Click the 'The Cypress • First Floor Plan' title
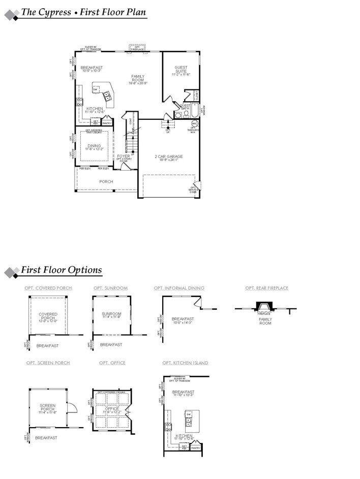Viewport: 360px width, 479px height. pyautogui.click(x=84, y=12)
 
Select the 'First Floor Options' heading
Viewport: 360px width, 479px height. pyautogui.click(x=61, y=270)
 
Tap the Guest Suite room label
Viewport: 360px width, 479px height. pyautogui.click(x=181, y=70)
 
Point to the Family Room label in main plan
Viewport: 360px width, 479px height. pyautogui.click(x=138, y=78)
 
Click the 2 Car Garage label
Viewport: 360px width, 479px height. pyautogui.click(x=168, y=156)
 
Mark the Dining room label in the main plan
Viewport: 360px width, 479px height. pyautogui.click(x=94, y=146)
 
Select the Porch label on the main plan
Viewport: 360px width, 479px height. pyautogui.click(x=106, y=181)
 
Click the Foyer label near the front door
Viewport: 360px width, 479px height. pyautogui.click(x=124, y=156)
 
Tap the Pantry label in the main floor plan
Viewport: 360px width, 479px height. pyautogui.click(x=107, y=123)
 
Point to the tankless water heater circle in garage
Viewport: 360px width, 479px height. pyautogui.click(x=194, y=123)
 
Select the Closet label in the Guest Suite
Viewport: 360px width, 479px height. pyautogui.click(x=196, y=95)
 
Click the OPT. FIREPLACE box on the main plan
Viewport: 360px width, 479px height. pyautogui.click(x=137, y=48)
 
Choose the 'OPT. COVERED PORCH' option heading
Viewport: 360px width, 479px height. pyautogui.click(x=48, y=288)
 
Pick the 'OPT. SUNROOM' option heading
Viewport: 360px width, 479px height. pyautogui.click(x=110, y=288)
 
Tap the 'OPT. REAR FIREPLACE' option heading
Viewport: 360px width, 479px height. pyautogui.click(x=266, y=288)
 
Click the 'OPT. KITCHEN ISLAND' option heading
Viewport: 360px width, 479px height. pyautogui.click(x=185, y=363)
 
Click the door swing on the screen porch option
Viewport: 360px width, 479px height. pyautogui.click(x=72, y=408)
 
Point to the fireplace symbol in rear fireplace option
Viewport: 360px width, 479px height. pyautogui.click(x=263, y=307)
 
